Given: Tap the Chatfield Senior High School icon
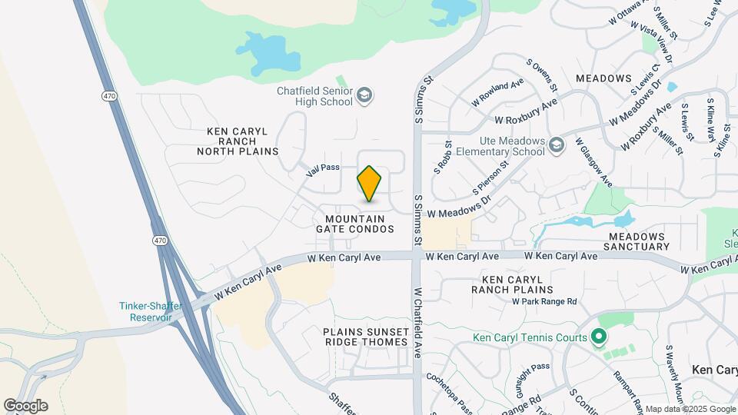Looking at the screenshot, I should pos(364,95).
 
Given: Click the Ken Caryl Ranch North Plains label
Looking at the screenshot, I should pos(238,141).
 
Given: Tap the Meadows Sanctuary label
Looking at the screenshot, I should pos(639,241).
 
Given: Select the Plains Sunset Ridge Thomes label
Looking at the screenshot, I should pos(366,336).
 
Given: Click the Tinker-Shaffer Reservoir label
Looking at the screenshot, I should pos(151,311).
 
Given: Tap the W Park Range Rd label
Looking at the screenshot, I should pos(544,302).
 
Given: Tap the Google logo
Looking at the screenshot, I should pos(25,406).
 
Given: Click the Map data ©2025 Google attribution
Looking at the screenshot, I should pos(689,409).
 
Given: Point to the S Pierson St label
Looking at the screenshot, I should pos(492,178).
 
